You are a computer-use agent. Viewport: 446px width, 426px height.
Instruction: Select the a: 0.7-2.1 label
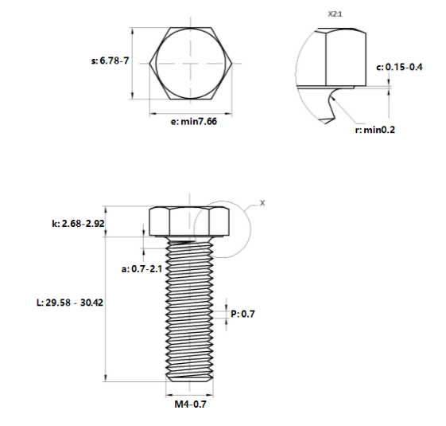tap(142, 269)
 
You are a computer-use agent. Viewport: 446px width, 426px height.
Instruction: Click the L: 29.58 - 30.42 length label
tap(71, 303)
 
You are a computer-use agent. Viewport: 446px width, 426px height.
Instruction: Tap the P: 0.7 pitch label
tap(242, 314)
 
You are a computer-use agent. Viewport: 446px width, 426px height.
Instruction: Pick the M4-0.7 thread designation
tap(191, 405)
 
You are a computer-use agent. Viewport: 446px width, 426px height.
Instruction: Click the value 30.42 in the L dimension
tap(91, 303)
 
